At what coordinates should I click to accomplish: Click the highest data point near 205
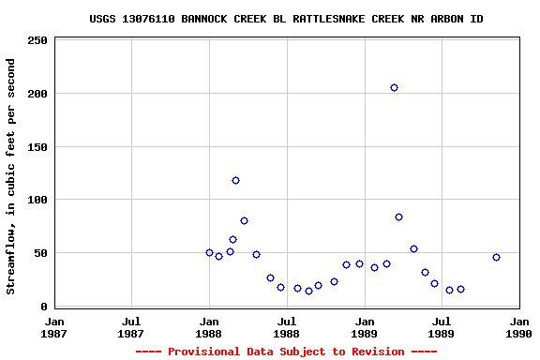pyautogui.click(x=394, y=88)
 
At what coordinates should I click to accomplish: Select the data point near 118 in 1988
pyautogui.click(x=235, y=180)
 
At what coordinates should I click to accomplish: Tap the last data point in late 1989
pyautogui.click(x=496, y=257)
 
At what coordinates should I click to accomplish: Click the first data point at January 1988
pyautogui.click(x=209, y=252)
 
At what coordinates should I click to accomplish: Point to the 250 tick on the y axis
pyautogui.click(x=37, y=41)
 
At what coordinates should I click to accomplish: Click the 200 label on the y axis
pyautogui.click(x=37, y=94)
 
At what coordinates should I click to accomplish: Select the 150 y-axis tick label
pyautogui.click(x=37, y=147)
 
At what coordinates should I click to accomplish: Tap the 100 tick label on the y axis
pyautogui.click(x=37, y=200)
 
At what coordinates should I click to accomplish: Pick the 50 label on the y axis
pyautogui.click(x=41, y=253)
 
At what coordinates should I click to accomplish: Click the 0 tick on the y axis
pyautogui.click(x=44, y=307)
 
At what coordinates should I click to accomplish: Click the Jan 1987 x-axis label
pyautogui.click(x=54, y=326)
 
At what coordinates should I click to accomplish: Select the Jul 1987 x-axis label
pyautogui.click(x=131, y=326)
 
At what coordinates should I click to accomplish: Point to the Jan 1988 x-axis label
pyautogui.click(x=209, y=326)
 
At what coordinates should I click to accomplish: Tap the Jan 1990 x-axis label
pyautogui.click(x=519, y=326)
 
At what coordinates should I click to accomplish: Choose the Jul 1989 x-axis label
pyautogui.click(x=442, y=326)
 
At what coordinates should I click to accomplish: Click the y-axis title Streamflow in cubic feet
pyautogui.click(x=11, y=176)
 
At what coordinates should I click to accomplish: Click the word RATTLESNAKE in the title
pyautogui.click(x=306, y=19)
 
